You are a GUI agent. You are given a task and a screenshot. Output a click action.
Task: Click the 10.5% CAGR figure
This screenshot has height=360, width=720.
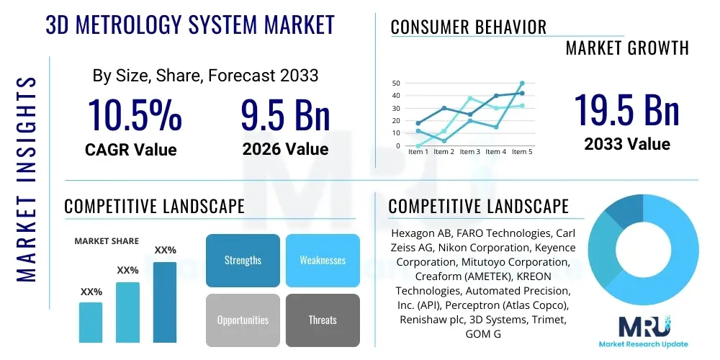coord(135,115)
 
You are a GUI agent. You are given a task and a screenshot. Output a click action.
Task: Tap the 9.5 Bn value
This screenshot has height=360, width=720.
coord(285,115)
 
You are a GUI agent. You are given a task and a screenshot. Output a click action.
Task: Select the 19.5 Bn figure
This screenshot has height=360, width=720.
coord(627,110)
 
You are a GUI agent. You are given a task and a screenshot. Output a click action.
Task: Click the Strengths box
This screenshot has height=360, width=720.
coord(243,260)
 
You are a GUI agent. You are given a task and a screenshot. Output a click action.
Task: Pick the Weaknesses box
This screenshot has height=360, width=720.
coord(323,260)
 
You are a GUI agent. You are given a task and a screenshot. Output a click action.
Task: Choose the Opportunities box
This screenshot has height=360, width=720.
coord(243,320)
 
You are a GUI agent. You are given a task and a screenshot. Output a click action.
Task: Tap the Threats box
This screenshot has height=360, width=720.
coord(323,320)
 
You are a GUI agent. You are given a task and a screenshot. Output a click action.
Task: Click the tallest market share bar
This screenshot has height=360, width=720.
coord(165,302)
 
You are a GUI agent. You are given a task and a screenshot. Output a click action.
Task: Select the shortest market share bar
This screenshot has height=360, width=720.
coord(91,322)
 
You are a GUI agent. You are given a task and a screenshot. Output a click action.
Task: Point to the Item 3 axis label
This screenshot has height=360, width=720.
coord(470,152)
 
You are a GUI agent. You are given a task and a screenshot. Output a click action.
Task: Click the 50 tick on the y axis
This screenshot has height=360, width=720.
coord(396,84)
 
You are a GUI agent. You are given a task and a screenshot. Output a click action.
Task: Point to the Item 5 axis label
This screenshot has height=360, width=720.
coord(521,152)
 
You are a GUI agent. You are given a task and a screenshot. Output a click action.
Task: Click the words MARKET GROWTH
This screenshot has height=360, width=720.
coord(627,48)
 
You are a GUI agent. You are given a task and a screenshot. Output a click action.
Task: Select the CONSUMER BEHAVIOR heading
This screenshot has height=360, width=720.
coord(469,27)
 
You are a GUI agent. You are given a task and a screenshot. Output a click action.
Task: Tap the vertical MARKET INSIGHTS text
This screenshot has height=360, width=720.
coord(26,176)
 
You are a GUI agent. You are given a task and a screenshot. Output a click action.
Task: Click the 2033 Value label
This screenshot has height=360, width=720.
coord(627,144)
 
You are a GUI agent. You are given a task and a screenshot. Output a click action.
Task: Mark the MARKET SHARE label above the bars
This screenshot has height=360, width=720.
coord(107,241)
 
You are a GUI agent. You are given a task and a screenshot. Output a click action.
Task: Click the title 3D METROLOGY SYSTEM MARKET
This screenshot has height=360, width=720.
coord(190,24)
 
